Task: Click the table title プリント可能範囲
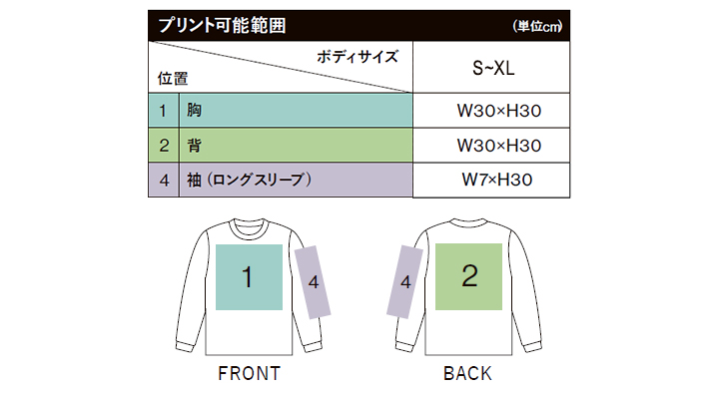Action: pos(222,26)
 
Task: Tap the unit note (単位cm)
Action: pos(537,26)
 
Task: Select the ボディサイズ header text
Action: pos(358,57)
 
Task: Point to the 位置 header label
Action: pos(173,79)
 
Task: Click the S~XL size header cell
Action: pos(491,68)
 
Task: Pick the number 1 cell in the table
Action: pos(163,111)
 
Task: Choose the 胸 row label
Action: pos(194,110)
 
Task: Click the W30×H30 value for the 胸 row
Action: pos(499,111)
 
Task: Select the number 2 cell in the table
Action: pos(163,146)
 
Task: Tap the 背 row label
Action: pos(194,146)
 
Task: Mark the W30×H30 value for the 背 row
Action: pos(499,146)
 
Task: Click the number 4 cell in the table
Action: pos(163,180)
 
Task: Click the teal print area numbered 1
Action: pos(249,277)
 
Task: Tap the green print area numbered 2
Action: pos(468,276)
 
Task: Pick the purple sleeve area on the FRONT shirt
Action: pos(313,282)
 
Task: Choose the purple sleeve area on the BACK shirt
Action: pos(404,281)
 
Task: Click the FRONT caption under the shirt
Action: pos(249,373)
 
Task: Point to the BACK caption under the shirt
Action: pos(467,373)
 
